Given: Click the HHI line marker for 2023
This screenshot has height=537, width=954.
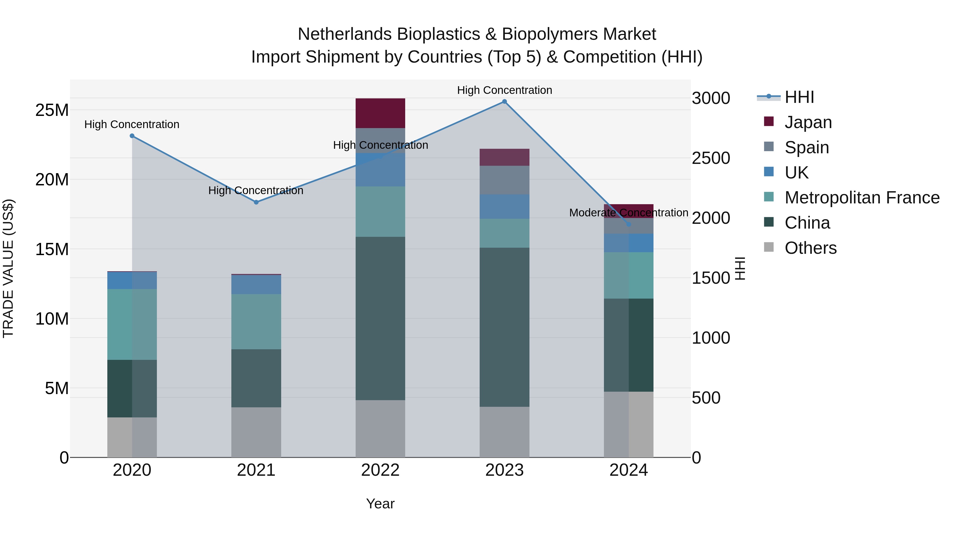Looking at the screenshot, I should point(504,101).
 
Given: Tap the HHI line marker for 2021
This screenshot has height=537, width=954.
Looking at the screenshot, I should point(256,202).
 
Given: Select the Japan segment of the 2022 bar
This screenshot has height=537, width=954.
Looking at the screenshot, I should point(380,113).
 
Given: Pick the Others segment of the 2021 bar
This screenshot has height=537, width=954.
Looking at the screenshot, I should point(256,432).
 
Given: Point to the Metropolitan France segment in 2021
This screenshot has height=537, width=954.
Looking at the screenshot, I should point(256,321).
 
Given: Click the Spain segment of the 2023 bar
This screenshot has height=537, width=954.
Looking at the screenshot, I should point(504,180).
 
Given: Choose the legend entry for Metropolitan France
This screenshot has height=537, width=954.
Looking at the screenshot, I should point(862,198).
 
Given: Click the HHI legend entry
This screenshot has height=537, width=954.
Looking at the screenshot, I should point(799,97).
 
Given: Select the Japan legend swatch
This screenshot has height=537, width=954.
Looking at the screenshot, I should point(769,121).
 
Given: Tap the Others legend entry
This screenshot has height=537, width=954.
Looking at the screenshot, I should point(810,248).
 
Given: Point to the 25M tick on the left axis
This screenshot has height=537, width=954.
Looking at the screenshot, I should point(52,110).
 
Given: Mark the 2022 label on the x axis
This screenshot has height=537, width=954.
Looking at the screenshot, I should point(380,470).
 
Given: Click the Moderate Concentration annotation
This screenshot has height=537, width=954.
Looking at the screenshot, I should point(629,213).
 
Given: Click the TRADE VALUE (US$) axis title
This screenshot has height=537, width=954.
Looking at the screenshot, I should point(8,268).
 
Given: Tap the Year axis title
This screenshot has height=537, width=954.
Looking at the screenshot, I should point(380,504).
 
